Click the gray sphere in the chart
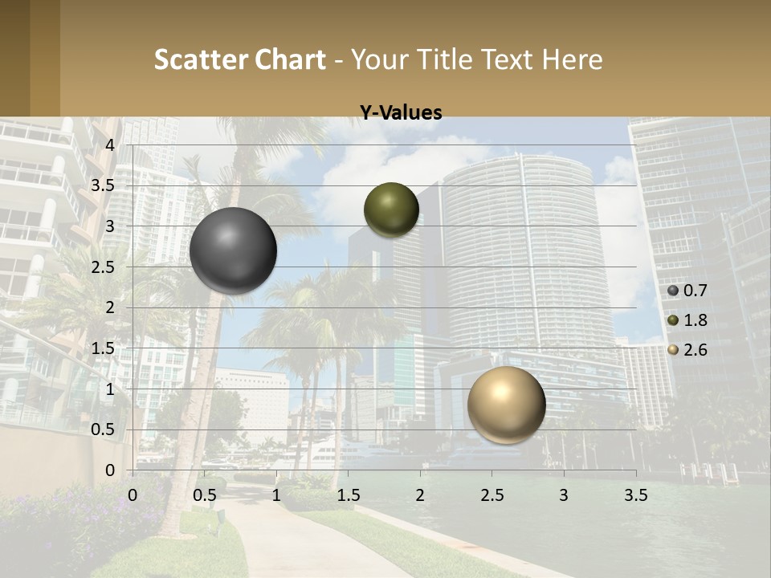(x=233, y=250)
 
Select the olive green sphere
(x=391, y=210)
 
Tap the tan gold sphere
(x=506, y=405)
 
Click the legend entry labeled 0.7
(x=689, y=291)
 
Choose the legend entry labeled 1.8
(x=689, y=320)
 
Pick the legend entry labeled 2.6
(x=689, y=350)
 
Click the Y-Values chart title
(x=400, y=113)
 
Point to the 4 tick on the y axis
(x=110, y=145)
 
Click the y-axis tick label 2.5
(x=103, y=267)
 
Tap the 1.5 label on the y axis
(x=103, y=348)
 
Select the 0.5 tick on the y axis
(x=103, y=429)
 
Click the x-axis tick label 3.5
(x=635, y=495)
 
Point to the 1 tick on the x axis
(x=276, y=495)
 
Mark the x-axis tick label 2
(x=420, y=495)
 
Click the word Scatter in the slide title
(x=200, y=59)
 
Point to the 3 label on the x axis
(x=564, y=495)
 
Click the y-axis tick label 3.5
(x=103, y=186)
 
